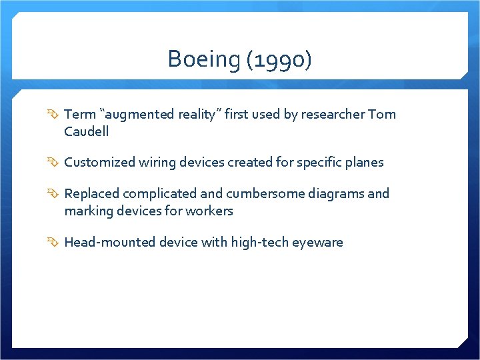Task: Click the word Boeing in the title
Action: (x=204, y=60)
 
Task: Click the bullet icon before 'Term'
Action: (x=55, y=115)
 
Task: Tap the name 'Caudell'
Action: (x=87, y=131)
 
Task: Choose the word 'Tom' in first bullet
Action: (x=382, y=114)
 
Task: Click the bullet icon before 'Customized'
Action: (x=55, y=163)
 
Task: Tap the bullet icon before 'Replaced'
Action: (x=55, y=194)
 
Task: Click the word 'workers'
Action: (x=211, y=211)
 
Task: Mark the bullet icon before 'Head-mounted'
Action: (x=55, y=243)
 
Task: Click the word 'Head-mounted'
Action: (x=109, y=242)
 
